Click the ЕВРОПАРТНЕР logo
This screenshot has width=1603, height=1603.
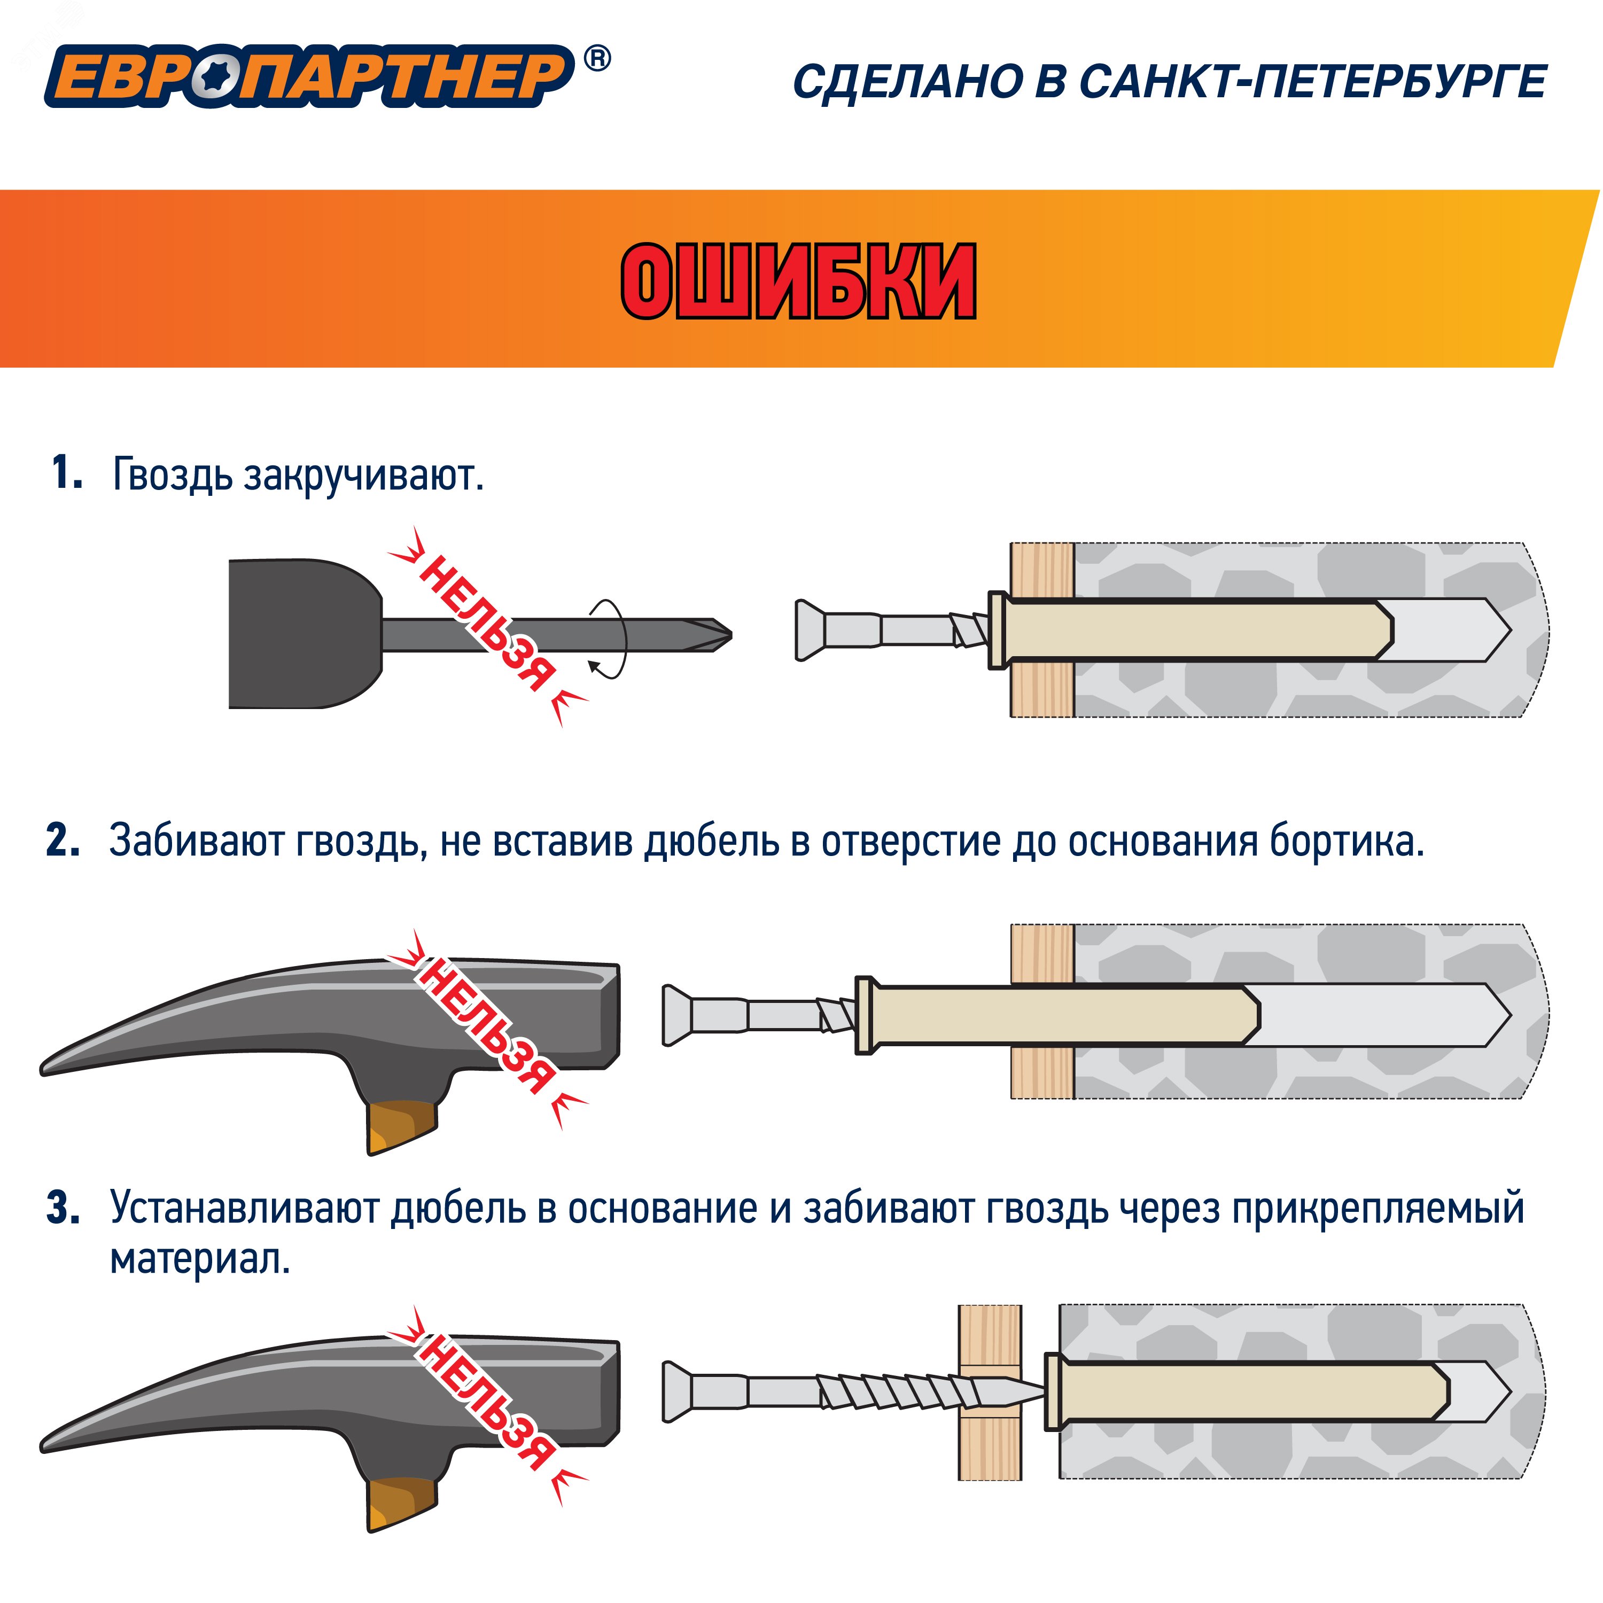(309, 76)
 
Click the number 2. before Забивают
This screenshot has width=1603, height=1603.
(64, 841)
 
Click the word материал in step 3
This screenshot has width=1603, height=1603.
(200, 1259)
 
